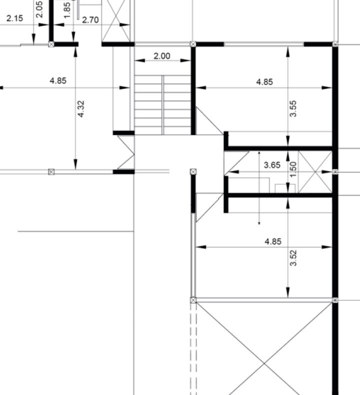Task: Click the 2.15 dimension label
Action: (14, 18)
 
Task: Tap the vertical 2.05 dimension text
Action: (39, 9)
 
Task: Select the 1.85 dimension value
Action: (67, 10)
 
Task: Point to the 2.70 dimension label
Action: (90, 20)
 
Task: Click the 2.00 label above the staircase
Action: (161, 56)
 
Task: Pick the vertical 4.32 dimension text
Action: (81, 109)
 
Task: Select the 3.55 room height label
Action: (293, 108)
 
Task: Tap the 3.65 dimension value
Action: (272, 165)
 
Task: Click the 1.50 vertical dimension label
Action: (293, 169)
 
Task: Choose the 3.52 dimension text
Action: (293, 258)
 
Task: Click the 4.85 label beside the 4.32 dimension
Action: (58, 81)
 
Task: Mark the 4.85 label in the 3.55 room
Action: (264, 82)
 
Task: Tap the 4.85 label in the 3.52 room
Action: (273, 241)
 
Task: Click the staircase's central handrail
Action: (162, 105)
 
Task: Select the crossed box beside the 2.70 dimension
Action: (116, 21)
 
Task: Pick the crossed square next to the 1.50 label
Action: (315, 172)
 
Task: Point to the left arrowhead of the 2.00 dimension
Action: (140, 60)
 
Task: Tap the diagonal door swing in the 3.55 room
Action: (209, 120)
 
